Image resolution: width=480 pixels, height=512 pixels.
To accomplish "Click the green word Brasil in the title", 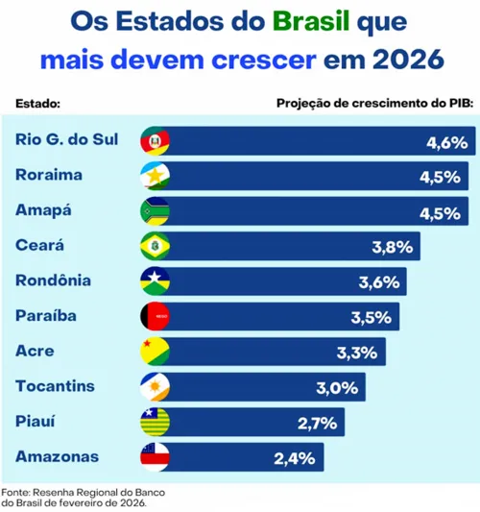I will click(308, 21).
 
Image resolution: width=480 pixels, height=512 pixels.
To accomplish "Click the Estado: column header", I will click(38, 102).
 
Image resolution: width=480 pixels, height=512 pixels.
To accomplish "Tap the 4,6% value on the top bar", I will click(446, 142).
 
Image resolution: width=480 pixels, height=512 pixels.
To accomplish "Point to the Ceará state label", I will click(39, 246).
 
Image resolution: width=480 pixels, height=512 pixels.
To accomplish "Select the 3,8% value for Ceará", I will click(392, 247).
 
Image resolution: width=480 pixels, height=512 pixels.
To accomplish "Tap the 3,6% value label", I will click(378, 282).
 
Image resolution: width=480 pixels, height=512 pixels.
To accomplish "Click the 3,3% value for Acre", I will click(357, 353).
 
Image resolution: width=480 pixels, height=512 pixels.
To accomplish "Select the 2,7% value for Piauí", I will click(316, 423).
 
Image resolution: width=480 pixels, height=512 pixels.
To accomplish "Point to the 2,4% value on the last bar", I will click(295, 458).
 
